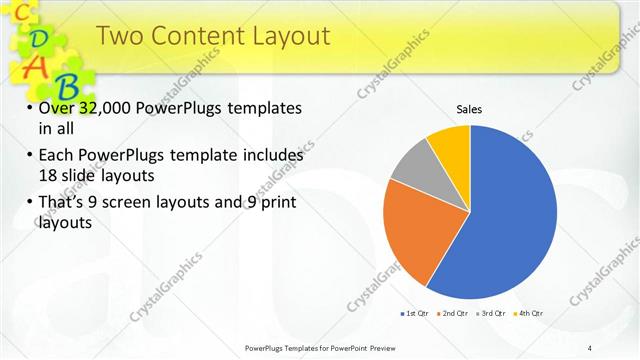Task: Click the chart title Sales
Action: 469,108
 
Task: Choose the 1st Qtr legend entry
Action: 413,313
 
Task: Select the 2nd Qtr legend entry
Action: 453,313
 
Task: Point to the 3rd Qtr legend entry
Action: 493,313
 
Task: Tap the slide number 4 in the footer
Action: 589,347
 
